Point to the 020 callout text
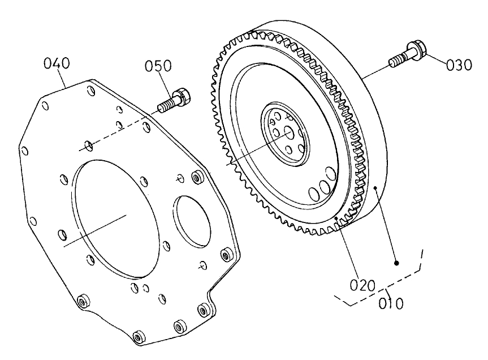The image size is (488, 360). [x=360, y=285]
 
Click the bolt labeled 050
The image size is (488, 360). [x=174, y=101]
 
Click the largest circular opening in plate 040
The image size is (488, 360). [x=116, y=217]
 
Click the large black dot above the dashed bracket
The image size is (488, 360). [x=397, y=263]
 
